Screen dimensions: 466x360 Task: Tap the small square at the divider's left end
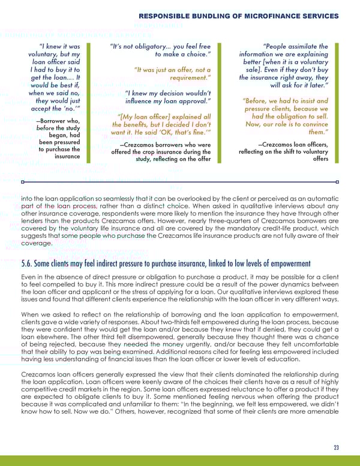(22, 181)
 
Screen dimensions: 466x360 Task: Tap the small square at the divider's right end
(337, 181)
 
